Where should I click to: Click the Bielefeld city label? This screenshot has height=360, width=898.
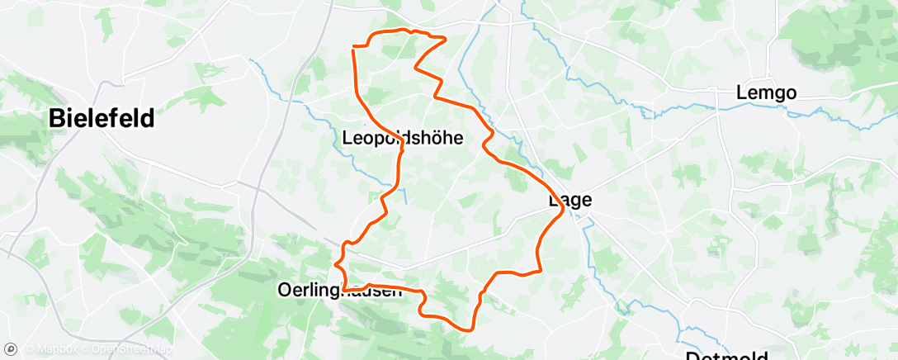click(x=102, y=118)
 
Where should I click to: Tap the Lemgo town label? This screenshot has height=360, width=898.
click(x=767, y=93)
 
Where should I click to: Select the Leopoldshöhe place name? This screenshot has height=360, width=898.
click(x=402, y=139)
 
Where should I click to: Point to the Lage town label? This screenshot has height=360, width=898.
click(x=570, y=200)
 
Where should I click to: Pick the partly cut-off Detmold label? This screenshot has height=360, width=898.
click(x=726, y=355)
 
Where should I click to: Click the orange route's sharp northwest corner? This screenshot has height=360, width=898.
click(x=354, y=47)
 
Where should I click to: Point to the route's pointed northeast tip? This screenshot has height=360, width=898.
click(x=446, y=38)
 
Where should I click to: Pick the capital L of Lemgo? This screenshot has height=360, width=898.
click(x=742, y=93)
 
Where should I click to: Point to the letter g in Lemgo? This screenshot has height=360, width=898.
click(x=777, y=95)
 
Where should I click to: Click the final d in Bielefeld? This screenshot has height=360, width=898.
click(x=147, y=118)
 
